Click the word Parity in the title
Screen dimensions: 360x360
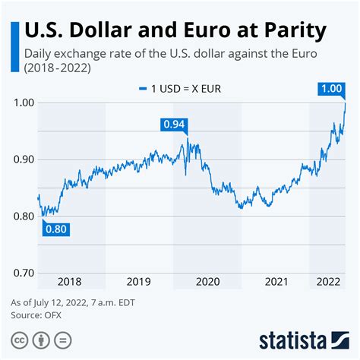click(289, 30)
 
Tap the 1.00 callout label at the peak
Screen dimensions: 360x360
click(332, 89)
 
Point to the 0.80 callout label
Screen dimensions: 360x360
click(56, 228)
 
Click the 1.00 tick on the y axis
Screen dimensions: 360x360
click(24, 103)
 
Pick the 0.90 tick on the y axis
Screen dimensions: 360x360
click(24, 159)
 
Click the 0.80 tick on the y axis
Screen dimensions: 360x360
click(24, 216)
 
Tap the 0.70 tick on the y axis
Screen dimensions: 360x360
click(24, 273)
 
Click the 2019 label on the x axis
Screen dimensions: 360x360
click(139, 281)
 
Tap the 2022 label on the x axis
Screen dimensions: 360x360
click(327, 281)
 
